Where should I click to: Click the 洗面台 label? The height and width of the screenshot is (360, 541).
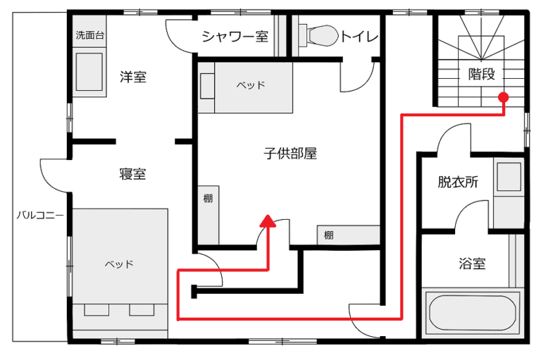[89, 35]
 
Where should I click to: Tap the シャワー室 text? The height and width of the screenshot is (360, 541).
[235, 36]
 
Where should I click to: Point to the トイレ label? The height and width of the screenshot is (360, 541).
[359, 36]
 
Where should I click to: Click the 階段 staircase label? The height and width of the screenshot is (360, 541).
[481, 73]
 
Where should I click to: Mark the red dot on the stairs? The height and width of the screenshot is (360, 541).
[504, 97]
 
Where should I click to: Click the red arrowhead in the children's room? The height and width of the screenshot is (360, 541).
[268, 221]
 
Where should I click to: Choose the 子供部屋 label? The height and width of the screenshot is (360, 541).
[290, 154]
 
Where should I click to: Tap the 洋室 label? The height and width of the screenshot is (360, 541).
[133, 77]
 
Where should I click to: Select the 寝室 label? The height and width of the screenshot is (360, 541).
[132, 173]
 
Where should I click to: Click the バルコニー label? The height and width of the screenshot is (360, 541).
[40, 216]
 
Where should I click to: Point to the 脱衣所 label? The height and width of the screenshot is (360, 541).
[458, 182]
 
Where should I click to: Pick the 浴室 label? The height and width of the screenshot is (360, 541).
[472, 263]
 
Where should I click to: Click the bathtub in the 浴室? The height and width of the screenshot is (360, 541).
[473, 314]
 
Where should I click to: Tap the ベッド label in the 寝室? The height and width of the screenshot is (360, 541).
[119, 264]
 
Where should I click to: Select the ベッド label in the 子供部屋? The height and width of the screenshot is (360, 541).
[251, 85]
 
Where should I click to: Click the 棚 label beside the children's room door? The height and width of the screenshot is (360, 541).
[328, 235]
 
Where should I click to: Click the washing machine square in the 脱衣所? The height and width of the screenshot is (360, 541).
[509, 176]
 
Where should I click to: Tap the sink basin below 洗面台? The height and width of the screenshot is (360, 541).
[89, 71]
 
